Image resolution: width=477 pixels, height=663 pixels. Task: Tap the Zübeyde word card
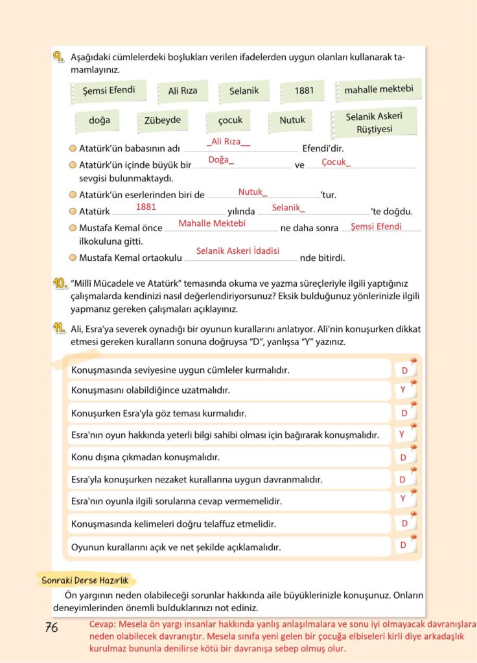click(x=163, y=120)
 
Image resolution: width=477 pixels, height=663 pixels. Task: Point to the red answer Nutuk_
click(x=253, y=192)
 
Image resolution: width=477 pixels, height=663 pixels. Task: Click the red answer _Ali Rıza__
click(x=228, y=142)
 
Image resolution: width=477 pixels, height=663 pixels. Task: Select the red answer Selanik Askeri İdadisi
click(x=238, y=251)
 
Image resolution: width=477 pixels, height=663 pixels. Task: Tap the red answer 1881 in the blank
click(x=146, y=207)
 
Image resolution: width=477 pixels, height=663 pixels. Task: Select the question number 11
click(x=59, y=329)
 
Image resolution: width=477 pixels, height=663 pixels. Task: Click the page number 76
click(x=52, y=627)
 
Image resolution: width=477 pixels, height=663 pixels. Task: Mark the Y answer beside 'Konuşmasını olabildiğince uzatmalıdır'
click(x=403, y=390)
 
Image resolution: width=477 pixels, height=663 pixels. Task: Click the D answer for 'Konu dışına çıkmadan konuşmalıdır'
click(x=403, y=458)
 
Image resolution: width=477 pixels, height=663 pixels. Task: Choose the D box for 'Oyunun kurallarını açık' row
click(x=403, y=546)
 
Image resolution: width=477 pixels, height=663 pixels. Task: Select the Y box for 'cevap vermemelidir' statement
click(x=403, y=499)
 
